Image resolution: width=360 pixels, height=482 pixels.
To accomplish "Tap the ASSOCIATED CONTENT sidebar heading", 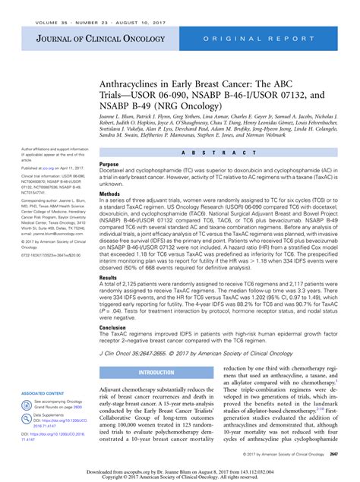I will (x=42, y=393).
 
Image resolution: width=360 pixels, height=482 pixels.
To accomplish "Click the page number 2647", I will (x=335, y=453).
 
